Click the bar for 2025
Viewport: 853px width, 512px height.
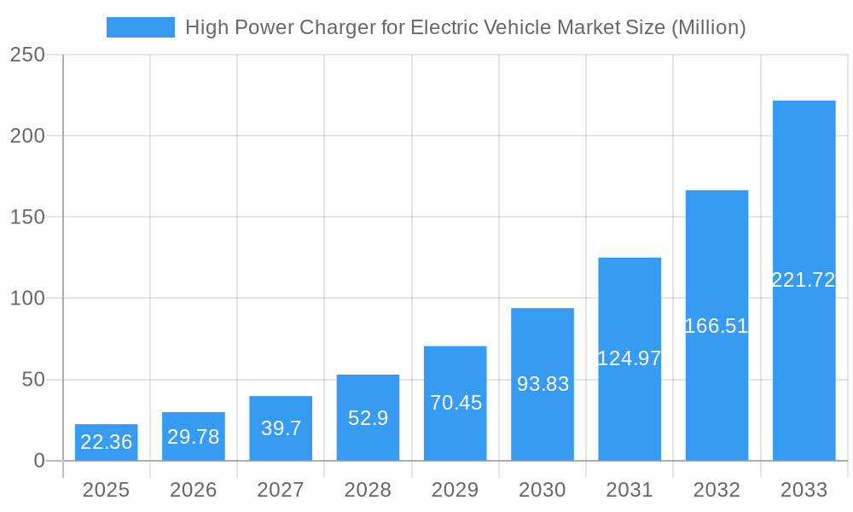tap(106, 442)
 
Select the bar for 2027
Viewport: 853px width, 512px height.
tap(281, 428)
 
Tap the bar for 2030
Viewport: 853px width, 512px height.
tap(543, 384)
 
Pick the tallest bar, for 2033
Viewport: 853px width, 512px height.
tap(804, 281)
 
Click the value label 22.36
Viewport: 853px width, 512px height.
tap(106, 442)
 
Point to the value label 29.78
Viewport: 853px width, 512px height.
tap(194, 437)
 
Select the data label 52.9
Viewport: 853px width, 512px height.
tap(368, 418)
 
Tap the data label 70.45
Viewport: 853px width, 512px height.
tap(456, 403)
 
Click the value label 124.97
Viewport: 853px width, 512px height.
tap(630, 358)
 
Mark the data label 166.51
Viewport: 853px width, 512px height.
tap(717, 326)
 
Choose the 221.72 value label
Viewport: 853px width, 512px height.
tap(804, 280)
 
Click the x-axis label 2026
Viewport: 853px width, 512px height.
tap(194, 490)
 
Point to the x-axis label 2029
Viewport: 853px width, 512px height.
tap(455, 490)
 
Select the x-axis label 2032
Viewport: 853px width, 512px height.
tap(717, 490)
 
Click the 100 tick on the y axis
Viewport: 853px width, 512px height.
tap(27, 299)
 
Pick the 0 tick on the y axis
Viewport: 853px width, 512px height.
tap(39, 461)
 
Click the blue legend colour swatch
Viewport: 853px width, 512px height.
tap(140, 27)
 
